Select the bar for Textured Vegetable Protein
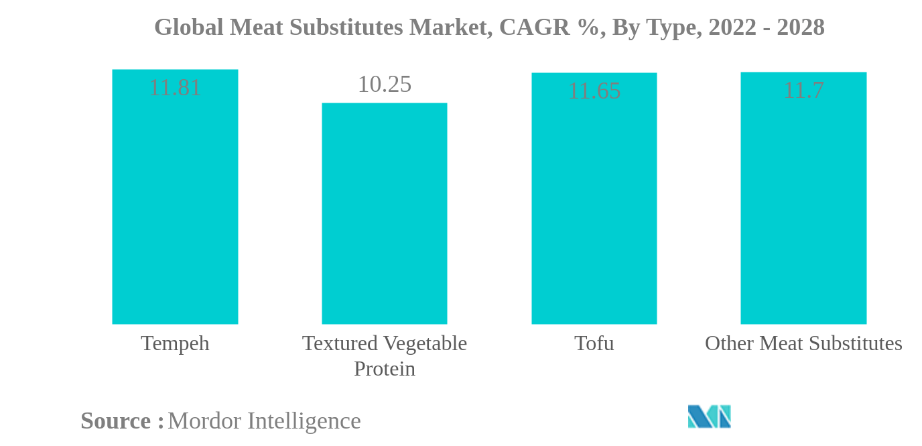(x=384, y=215)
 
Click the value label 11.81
(x=175, y=88)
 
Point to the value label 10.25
(x=384, y=85)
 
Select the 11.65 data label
(x=594, y=91)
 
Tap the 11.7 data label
(x=803, y=90)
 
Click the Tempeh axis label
(x=175, y=343)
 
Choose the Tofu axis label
(x=594, y=343)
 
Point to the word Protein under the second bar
(x=384, y=369)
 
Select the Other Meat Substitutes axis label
(x=803, y=343)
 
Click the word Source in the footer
(x=116, y=421)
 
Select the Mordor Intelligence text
(x=264, y=421)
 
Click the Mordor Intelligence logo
(x=709, y=416)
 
